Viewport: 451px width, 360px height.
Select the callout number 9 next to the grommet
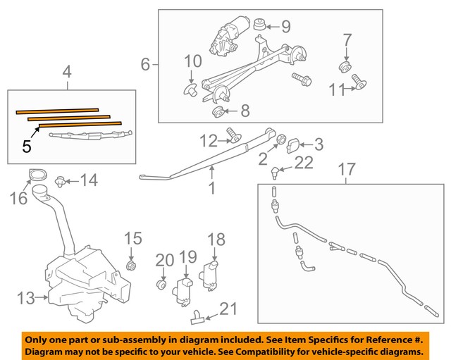(285, 27)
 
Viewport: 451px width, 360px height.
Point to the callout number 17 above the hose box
(345, 169)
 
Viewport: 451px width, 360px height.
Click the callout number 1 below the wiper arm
(211, 188)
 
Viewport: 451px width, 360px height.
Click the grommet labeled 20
(161, 287)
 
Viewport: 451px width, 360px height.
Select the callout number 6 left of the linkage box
(146, 65)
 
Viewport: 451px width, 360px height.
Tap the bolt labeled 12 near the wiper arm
(232, 136)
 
